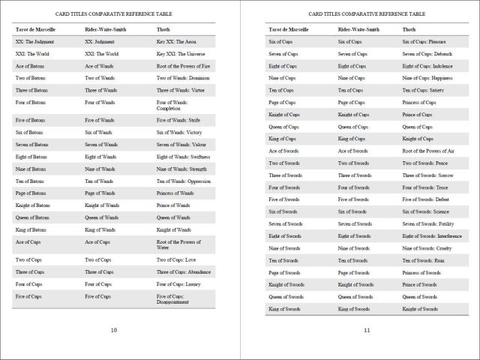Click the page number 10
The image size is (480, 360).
(114, 330)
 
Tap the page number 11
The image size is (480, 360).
(367, 330)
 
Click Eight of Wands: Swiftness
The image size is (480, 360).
(183, 157)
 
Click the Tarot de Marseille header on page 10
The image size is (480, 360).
(36, 29)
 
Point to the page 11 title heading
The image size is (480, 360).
(367, 14)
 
